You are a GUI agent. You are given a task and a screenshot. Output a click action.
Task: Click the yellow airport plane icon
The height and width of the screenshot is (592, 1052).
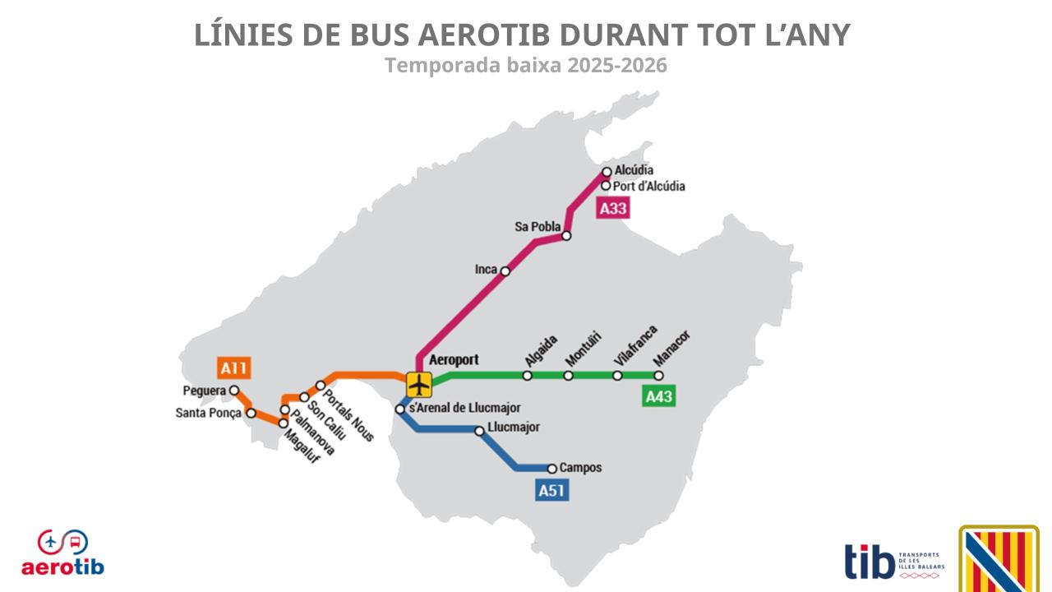coord(419,383)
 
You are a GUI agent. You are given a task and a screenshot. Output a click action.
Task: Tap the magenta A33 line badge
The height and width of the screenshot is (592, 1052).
coord(613,209)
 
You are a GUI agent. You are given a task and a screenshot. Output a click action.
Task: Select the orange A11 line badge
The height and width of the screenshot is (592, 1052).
coord(234,368)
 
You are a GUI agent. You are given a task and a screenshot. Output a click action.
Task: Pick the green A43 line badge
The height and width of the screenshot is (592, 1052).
coord(659,397)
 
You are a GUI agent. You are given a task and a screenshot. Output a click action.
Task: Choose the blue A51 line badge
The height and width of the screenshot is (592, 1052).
coord(551,491)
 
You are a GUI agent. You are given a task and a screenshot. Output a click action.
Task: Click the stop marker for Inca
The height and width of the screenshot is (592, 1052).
coord(505,271)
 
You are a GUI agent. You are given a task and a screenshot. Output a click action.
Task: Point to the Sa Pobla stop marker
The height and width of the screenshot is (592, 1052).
coord(566,236)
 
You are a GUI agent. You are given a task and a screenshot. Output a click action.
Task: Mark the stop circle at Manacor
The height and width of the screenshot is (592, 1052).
coord(658,376)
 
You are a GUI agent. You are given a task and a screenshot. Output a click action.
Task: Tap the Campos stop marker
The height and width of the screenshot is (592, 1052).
coord(552,469)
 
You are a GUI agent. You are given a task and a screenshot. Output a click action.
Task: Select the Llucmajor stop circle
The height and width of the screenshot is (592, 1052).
coord(480,431)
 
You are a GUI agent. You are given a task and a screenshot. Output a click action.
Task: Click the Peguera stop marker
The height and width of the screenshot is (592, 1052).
coord(234,391)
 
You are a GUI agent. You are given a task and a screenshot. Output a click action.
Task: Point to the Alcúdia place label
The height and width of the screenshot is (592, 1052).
coord(634,170)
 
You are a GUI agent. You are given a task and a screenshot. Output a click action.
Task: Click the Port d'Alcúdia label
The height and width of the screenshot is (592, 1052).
coord(649,187)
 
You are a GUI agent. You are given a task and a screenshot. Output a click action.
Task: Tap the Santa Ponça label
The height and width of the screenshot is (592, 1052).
coord(209,413)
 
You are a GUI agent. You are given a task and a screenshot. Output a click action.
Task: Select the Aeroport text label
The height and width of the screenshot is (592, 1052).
coord(454,359)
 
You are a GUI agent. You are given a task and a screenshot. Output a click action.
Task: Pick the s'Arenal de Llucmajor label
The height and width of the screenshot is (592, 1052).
coord(464,408)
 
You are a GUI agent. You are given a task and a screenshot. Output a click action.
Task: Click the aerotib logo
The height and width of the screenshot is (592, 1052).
coord(62,553)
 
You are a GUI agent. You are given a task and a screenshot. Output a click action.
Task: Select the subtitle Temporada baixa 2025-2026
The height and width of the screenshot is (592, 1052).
coord(526,65)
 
